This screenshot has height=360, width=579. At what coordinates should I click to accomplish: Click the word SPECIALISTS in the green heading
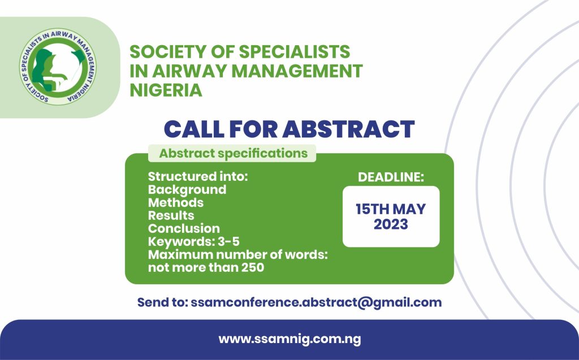(295, 52)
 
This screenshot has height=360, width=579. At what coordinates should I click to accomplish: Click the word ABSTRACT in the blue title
(348, 129)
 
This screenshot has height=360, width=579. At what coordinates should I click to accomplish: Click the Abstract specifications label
(233, 153)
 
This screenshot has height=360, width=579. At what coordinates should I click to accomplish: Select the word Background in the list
(187, 189)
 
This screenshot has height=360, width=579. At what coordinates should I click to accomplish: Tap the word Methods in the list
(176, 202)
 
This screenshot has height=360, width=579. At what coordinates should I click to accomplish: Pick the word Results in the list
(171, 215)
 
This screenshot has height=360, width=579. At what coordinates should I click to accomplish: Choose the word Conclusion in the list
(184, 228)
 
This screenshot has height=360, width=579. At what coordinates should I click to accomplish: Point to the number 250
(252, 267)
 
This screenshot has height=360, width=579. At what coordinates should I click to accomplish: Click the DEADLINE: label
(391, 177)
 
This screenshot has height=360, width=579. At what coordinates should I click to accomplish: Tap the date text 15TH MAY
(391, 209)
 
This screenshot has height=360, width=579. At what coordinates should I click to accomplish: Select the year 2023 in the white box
(391, 224)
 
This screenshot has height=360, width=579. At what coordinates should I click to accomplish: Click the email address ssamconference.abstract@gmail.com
(316, 302)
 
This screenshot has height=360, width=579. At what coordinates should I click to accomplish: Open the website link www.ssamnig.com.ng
(289, 340)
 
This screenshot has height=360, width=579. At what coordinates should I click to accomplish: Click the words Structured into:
(198, 176)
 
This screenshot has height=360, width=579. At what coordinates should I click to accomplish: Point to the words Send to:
(162, 302)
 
